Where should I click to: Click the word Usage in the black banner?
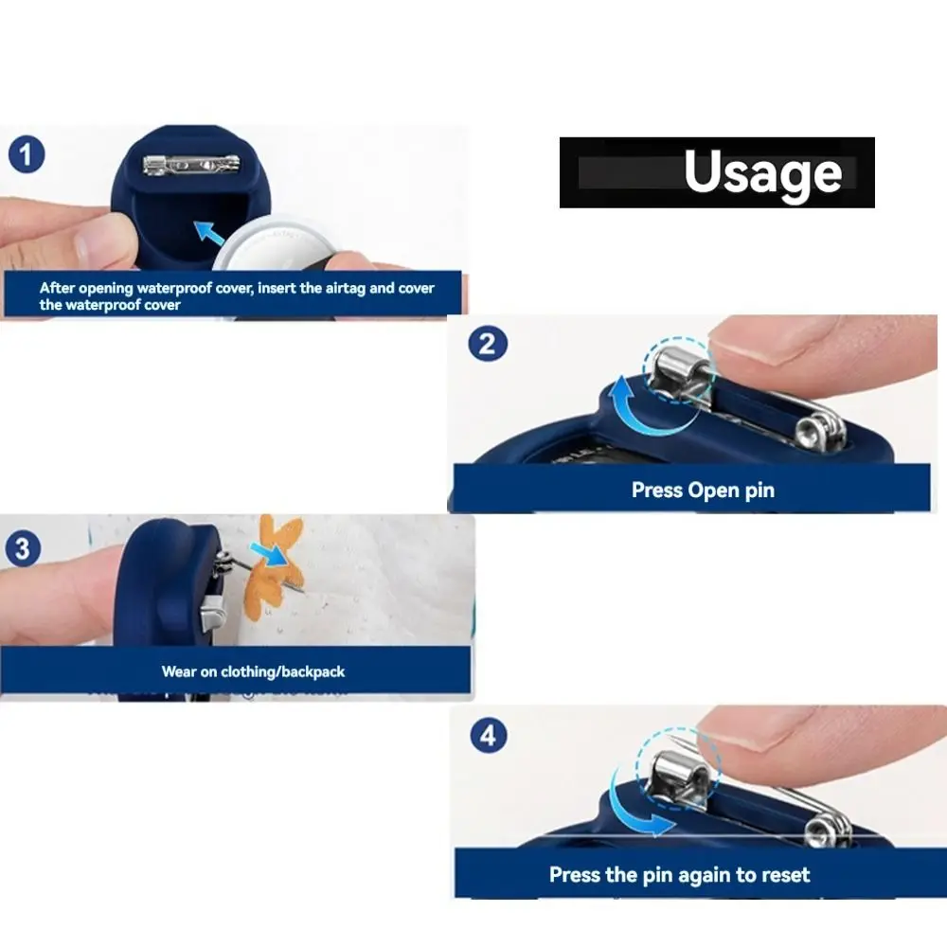pyautogui.click(x=762, y=172)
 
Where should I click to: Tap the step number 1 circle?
pyautogui.click(x=27, y=154)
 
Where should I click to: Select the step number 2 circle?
pyautogui.click(x=488, y=344)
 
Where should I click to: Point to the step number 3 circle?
pyautogui.click(x=23, y=548)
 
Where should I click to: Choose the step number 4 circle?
pyautogui.click(x=488, y=735)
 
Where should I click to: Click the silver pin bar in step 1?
pyautogui.click(x=191, y=164)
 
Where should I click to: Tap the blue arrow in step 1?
pyautogui.click(x=209, y=233)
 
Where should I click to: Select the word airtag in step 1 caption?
pyautogui.click(x=346, y=288)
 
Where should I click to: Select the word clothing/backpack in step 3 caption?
pyautogui.click(x=282, y=671)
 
